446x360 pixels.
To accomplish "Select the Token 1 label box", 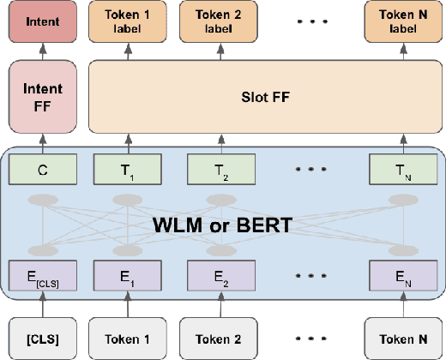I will point(129,22).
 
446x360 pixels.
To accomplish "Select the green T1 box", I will point(129,170).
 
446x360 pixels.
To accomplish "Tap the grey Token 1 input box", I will point(129,337).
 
